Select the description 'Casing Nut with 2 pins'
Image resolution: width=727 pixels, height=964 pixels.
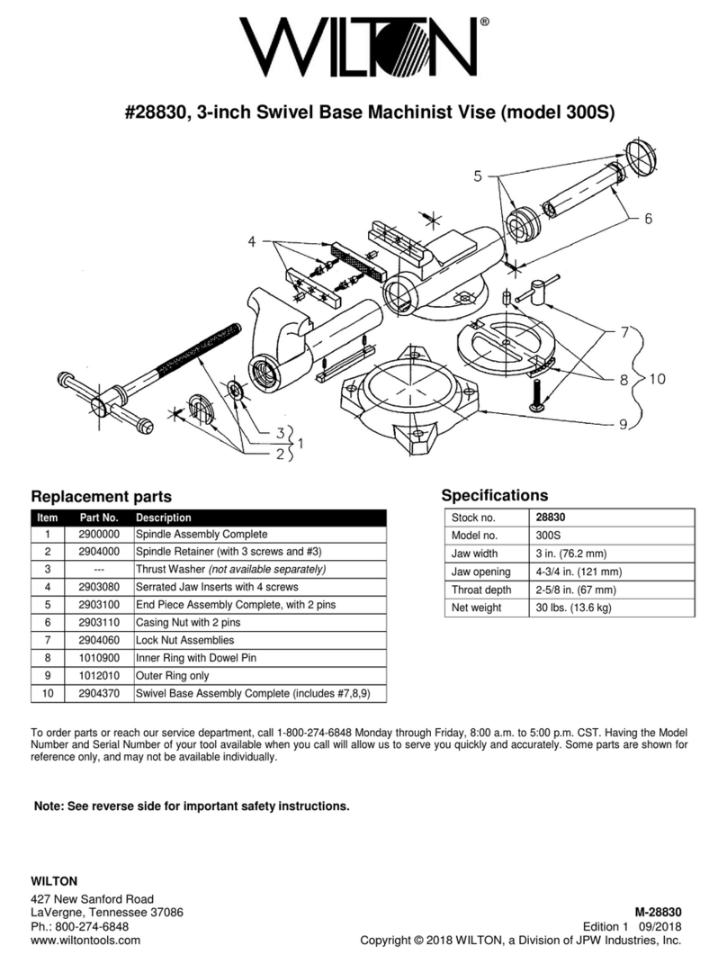190,621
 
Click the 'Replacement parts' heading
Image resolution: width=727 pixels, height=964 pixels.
101,497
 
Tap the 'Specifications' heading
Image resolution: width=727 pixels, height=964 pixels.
494,495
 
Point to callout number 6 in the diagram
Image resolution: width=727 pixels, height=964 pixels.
647,218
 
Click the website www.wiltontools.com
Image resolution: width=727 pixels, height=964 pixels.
85,940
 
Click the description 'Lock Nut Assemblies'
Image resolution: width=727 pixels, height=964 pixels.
184,639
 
